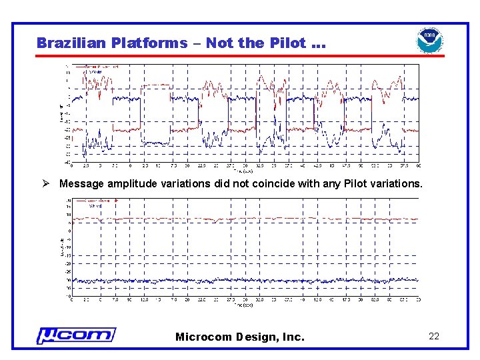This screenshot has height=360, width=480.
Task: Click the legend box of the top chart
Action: [97, 69]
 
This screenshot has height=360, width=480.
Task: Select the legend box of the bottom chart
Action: [94, 203]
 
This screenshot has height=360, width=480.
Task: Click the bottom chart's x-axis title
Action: [245, 305]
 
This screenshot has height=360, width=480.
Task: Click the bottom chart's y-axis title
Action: [61, 248]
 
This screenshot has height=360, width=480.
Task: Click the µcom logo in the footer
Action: [75, 335]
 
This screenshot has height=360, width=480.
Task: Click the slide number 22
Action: [434, 337]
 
